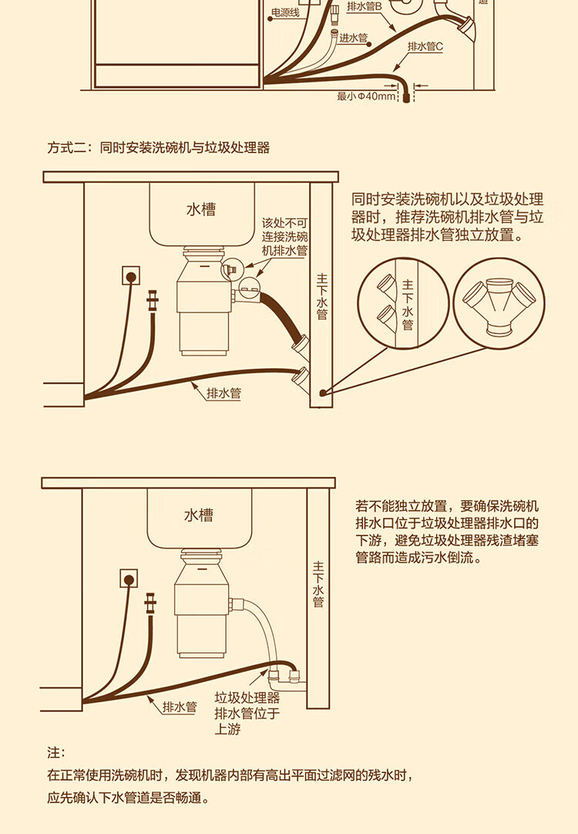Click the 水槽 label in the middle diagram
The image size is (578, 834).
[200, 209]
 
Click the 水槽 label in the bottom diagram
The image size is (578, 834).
[198, 515]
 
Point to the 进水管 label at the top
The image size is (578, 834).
[354, 37]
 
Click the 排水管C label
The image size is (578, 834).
[425, 46]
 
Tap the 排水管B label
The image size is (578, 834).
[365, 6]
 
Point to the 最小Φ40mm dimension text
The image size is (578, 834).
[366, 96]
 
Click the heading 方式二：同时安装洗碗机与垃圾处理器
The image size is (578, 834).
[159, 147]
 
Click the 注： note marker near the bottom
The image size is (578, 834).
[56, 752]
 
